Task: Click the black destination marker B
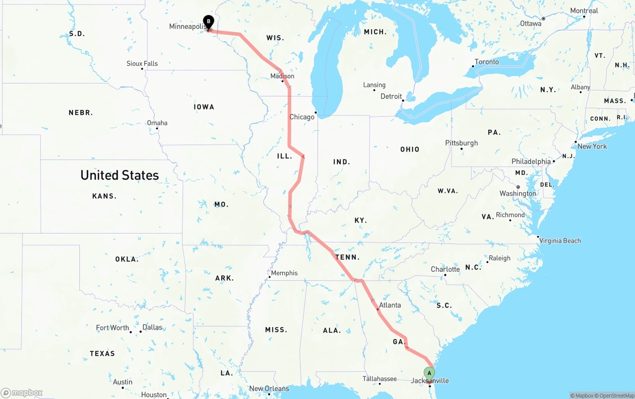tap(209, 22)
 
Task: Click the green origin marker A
tap(429, 374)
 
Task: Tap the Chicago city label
tap(302, 117)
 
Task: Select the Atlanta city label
tap(389, 305)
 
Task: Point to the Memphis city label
tap(284, 273)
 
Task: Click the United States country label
tap(120, 175)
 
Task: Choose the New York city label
tap(592, 147)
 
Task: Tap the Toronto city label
tap(487, 62)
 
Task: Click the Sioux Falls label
tap(142, 64)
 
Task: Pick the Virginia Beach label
tap(560, 241)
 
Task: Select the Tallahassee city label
tap(380, 379)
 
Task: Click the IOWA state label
tap(204, 107)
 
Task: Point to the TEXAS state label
tap(102, 354)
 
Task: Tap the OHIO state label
tap(410, 150)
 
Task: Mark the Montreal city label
tap(584, 11)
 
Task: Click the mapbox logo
tap(22, 393)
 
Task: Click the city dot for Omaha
tap(157, 129)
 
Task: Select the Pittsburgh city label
tap(461, 143)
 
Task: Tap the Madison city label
tap(282, 76)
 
